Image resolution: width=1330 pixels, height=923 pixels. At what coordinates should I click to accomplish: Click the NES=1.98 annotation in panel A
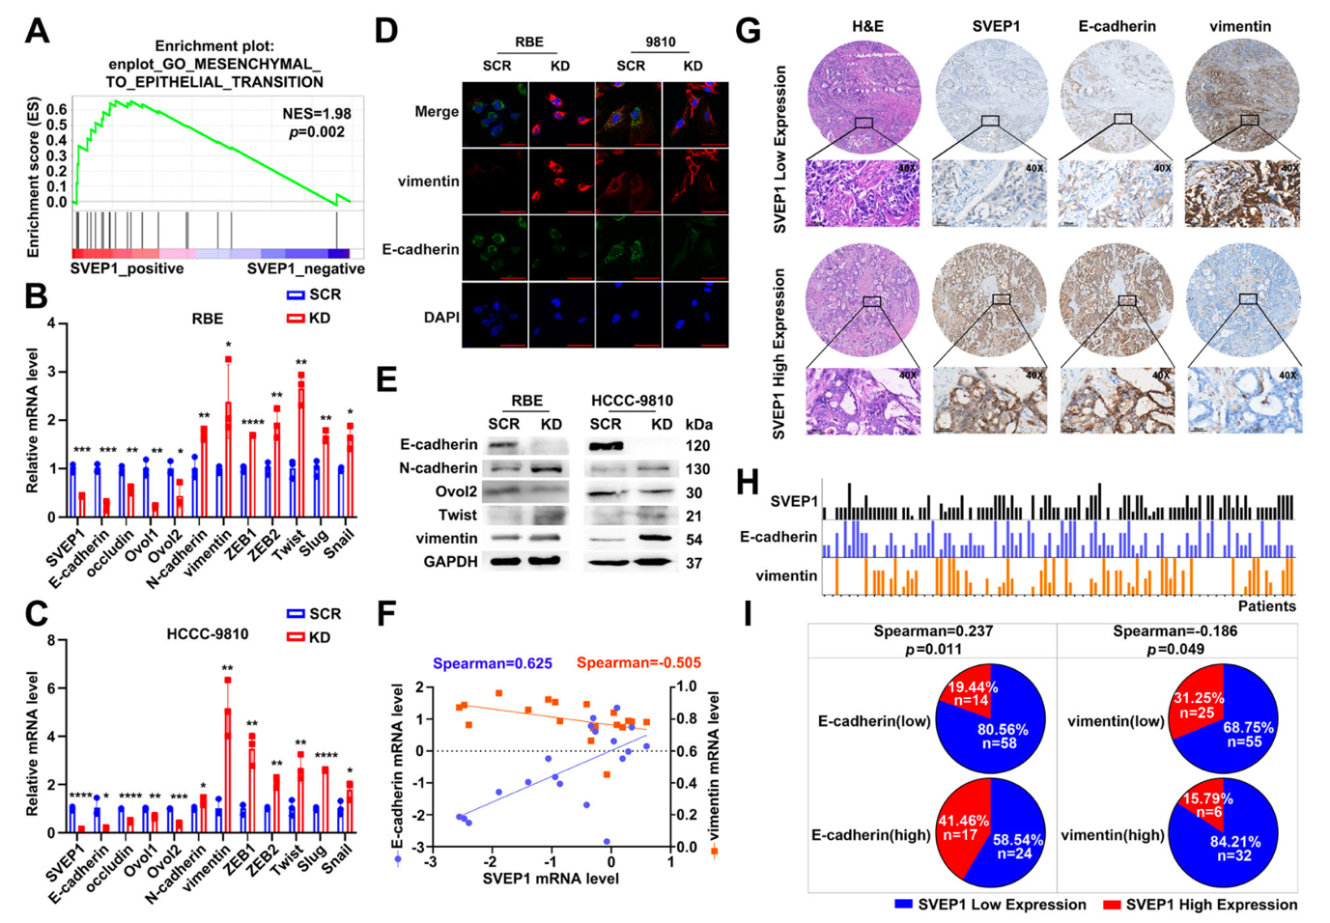pyautogui.click(x=317, y=114)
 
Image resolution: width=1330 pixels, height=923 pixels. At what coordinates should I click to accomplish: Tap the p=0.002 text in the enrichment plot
pyautogui.click(x=317, y=132)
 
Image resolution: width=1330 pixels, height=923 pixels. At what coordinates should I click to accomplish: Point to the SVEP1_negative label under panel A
pyautogui.click(x=305, y=268)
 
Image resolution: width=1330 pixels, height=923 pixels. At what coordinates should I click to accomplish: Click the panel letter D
pyautogui.click(x=386, y=31)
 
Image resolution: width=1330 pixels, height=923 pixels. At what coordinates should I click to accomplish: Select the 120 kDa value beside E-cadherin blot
pyautogui.click(x=697, y=446)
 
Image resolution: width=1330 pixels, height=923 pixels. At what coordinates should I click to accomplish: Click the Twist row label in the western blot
pyautogui.click(x=458, y=516)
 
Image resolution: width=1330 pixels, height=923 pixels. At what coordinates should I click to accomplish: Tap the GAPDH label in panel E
pyautogui.click(x=450, y=562)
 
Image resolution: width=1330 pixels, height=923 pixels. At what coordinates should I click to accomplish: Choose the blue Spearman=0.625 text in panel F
pyautogui.click(x=492, y=663)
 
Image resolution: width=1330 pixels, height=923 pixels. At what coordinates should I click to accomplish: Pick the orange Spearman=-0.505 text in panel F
pyautogui.click(x=638, y=663)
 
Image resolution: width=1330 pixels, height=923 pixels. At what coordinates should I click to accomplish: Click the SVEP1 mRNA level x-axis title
pyautogui.click(x=551, y=879)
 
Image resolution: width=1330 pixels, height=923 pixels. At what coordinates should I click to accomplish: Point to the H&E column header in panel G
pyautogui.click(x=866, y=27)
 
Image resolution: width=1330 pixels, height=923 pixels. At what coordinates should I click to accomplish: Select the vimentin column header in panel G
pyautogui.click(x=1240, y=27)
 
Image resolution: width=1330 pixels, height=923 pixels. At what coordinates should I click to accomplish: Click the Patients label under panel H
pyautogui.click(x=1266, y=606)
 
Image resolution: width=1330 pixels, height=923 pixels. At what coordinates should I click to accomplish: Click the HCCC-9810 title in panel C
pyautogui.click(x=208, y=634)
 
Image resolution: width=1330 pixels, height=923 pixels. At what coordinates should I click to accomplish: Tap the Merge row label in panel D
pyautogui.click(x=437, y=112)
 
